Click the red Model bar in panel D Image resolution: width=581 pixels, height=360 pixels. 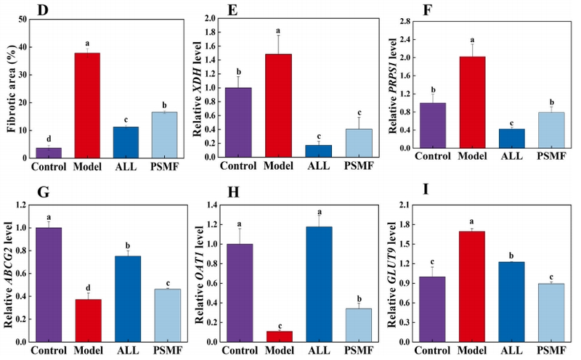click(x=87, y=105)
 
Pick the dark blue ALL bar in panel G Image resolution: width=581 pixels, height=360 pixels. click(x=128, y=298)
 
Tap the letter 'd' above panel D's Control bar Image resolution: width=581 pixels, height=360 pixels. click(x=48, y=139)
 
